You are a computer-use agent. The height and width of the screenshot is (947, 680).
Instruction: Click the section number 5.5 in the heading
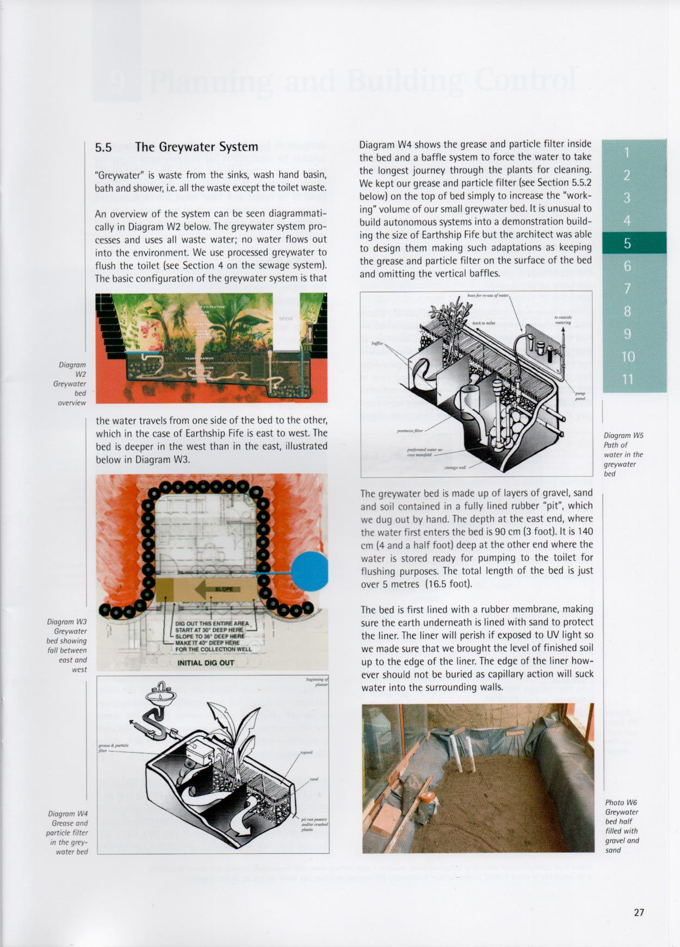coord(103,147)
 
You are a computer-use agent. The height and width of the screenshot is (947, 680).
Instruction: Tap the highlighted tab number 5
coord(627,243)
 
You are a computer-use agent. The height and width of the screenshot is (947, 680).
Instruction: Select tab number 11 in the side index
coord(628,379)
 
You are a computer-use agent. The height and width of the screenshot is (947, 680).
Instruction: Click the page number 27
coord(639,912)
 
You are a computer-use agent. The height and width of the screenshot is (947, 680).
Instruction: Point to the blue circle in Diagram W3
coord(310,571)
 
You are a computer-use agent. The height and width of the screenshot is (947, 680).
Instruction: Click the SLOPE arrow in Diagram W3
coord(218,590)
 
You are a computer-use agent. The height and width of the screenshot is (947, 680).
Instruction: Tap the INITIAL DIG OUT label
coord(206,663)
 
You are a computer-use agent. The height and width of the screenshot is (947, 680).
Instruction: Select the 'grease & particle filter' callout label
coord(113,747)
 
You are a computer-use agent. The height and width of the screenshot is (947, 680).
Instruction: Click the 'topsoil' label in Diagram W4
coord(306,753)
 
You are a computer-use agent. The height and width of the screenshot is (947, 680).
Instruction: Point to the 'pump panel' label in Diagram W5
coord(580,396)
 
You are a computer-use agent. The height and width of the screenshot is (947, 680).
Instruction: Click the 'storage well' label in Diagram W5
coord(455,468)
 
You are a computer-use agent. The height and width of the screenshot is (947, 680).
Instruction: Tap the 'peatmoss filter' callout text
coord(410,431)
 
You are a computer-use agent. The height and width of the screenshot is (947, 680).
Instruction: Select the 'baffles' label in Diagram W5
coord(377,344)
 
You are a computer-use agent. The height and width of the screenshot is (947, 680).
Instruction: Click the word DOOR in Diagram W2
coord(286,319)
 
